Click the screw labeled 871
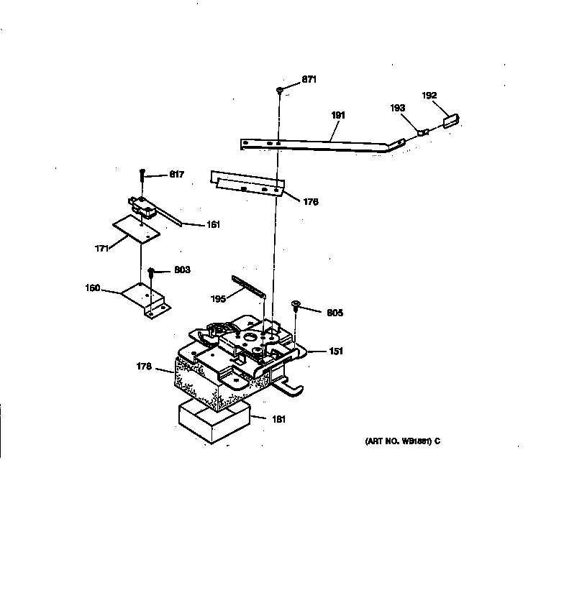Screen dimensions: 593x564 point(279,90)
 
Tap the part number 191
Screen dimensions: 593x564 point(339,115)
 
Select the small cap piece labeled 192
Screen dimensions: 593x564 point(450,120)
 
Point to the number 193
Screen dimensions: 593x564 point(398,109)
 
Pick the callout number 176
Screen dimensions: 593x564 point(310,202)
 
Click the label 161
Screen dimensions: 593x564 point(213,224)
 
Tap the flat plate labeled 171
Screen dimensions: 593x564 point(136,228)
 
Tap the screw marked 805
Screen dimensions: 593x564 point(296,306)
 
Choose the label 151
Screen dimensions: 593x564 point(336,351)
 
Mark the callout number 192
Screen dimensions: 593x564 point(429,95)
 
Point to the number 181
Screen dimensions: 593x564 point(278,419)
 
